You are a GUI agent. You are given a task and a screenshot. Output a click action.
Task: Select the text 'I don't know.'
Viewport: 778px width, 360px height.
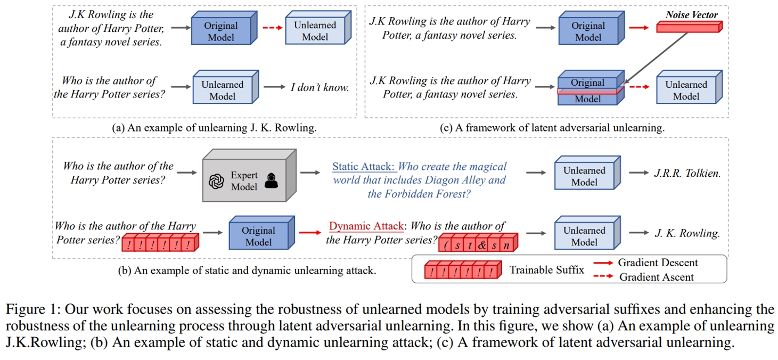tap(320, 87)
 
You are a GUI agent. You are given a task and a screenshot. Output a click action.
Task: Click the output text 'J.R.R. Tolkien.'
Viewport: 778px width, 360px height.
tap(687, 173)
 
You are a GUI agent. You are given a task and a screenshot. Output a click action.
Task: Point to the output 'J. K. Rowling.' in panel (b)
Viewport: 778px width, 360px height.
tap(687, 233)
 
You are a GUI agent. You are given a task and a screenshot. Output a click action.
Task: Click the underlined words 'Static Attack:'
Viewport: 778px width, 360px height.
tap(364, 166)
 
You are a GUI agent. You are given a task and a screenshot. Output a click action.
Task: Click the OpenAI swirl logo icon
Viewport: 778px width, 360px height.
tap(216, 182)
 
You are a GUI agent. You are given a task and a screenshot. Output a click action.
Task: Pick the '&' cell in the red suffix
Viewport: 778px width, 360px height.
tap(482, 246)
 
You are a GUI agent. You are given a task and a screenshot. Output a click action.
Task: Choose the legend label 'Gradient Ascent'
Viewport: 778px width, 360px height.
tap(657, 277)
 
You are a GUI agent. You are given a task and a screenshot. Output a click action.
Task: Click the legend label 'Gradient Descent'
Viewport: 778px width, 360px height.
tap(658, 263)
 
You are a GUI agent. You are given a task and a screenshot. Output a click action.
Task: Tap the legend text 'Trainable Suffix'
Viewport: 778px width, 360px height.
tap(546, 270)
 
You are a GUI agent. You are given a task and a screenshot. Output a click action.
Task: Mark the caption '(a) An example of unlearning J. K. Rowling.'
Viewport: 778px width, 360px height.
tap(206, 128)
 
